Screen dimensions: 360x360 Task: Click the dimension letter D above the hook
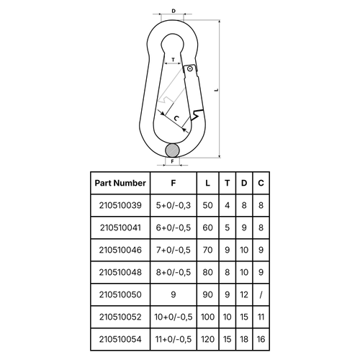coord(174,11)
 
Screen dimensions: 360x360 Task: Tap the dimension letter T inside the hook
coord(174,60)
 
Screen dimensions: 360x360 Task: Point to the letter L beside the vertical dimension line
coord(217,90)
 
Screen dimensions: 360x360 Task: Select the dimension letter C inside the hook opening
coord(176,118)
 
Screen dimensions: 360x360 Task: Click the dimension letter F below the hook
coord(172,161)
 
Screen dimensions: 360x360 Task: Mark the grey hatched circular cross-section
coord(172,150)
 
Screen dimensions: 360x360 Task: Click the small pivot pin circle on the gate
coord(190,69)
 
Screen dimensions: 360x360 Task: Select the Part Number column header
coord(120,183)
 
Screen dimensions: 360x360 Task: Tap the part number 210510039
coord(120,205)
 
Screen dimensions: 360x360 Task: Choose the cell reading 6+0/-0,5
coord(174,228)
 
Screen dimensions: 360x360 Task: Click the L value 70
coord(207,250)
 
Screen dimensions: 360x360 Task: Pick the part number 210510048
coord(120,272)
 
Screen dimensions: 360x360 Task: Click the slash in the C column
coord(261,294)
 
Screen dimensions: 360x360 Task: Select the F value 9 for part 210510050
coord(174,294)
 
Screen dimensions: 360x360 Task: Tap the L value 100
coord(207,317)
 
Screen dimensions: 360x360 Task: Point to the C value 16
coord(261,339)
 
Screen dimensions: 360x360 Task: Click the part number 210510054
coord(120,339)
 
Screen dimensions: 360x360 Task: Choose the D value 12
coord(244,294)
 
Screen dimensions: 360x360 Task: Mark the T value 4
coord(228,205)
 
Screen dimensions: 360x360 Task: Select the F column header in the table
coord(174,183)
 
